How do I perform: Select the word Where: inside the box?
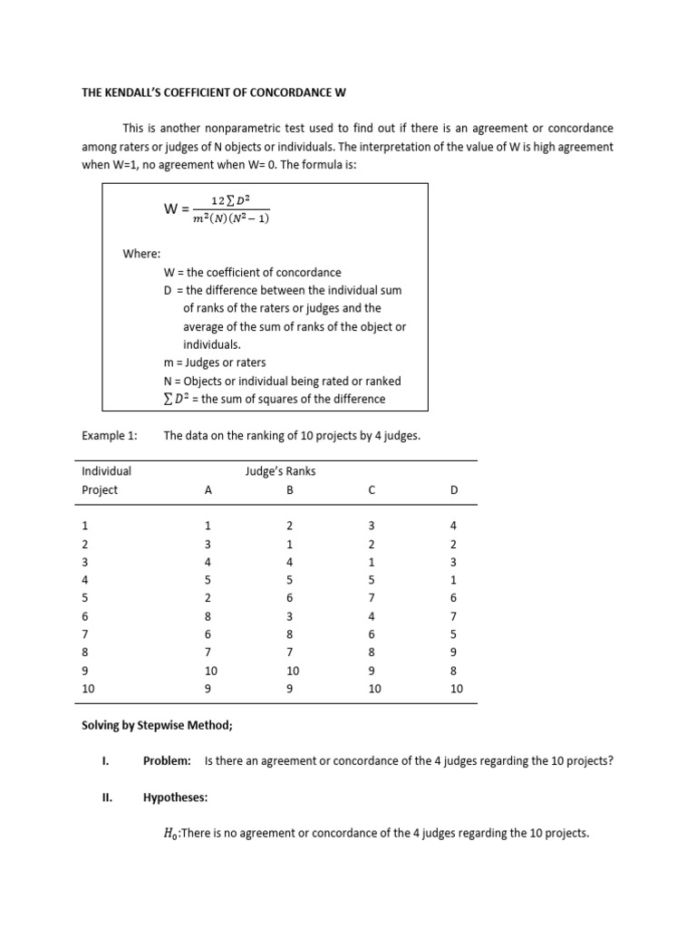pyautogui.click(x=141, y=254)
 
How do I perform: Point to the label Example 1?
pyautogui.click(x=110, y=436)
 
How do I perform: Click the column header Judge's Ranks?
pyautogui.click(x=280, y=471)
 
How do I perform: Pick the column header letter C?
pyautogui.click(x=372, y=490)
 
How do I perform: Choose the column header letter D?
pyautogui.click(x=454, y=490)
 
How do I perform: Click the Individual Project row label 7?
pyautogui.click(x=85, y=634)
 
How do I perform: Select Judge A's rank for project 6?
pyautogui.click(x=208, y=616)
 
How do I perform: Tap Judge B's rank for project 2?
pyautogui.click(x=289, y=545)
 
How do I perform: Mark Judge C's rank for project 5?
pyautogui.click(x=372, y=598)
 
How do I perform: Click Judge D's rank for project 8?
pyautogui.click(x=454, y=652)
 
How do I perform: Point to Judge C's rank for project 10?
pyautogui.click(x=374, y=689)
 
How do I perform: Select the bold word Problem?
pyautogui.click(x=167, y=761)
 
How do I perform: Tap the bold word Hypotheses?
pyautogui.click(x=175, y=797)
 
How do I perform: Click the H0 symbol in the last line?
pyautogui.click(x=170, y=834)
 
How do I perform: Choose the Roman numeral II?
pyautogui.click(x=105, y=797)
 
